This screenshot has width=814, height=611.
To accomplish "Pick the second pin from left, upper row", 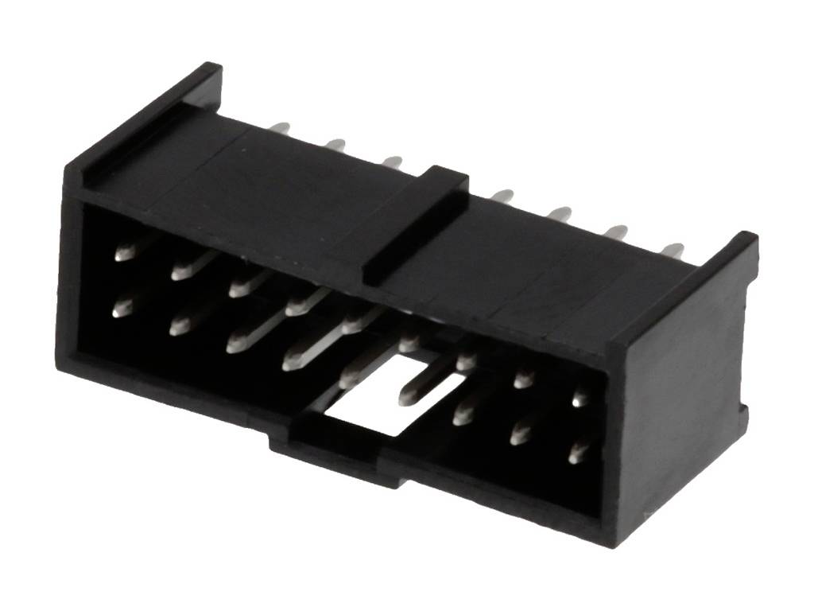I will (x=182, y=271).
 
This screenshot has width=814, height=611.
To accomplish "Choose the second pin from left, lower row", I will (x=179, y=326).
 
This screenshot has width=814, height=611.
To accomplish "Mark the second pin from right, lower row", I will (x=521, y=434).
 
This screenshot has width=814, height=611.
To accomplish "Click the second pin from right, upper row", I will (x=523, y=379).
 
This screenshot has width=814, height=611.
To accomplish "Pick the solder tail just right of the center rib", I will (x=502, y=196).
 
